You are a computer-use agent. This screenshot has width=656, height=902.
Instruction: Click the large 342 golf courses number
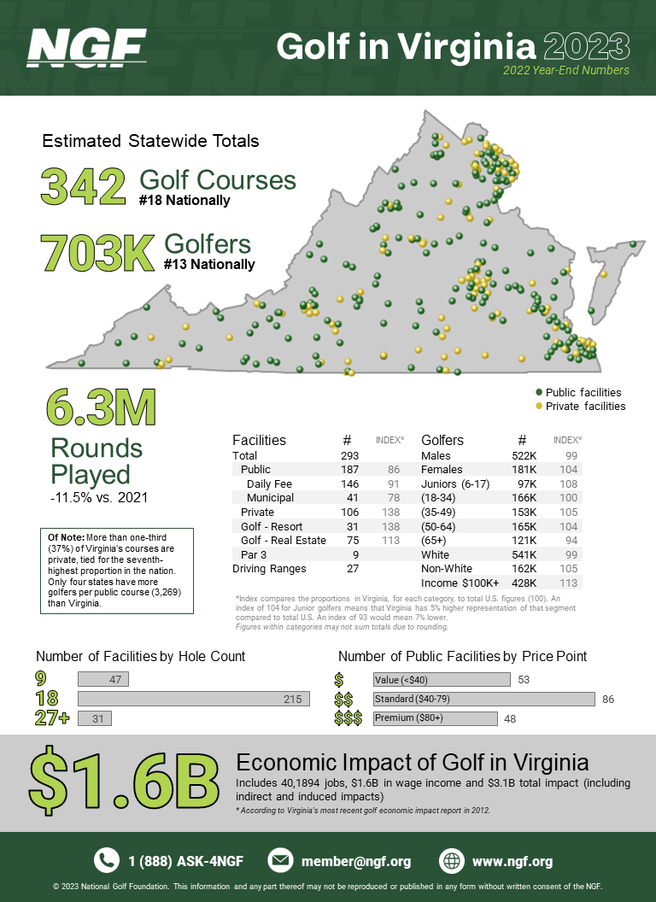[84, 187]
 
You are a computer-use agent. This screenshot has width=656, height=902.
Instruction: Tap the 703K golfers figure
[97, 252]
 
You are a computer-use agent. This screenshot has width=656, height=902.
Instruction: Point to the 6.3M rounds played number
[102, 409]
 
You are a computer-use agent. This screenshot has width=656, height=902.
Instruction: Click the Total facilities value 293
[347, 455]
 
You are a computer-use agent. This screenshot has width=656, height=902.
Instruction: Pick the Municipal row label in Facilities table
[270, 497]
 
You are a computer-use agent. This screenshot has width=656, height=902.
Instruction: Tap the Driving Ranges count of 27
[347, 568]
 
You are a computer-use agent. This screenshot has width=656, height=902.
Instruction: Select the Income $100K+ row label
[460, 582]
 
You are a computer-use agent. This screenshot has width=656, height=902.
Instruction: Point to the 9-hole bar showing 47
[103, 680]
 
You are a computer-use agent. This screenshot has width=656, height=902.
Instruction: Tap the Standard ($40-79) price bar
[483, 699]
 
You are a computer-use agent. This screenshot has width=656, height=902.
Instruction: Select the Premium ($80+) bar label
[409, 718]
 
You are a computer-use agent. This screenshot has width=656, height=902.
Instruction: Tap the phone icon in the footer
[107, 860]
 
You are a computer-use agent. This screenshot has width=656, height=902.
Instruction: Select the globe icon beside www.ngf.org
[452, 860]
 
